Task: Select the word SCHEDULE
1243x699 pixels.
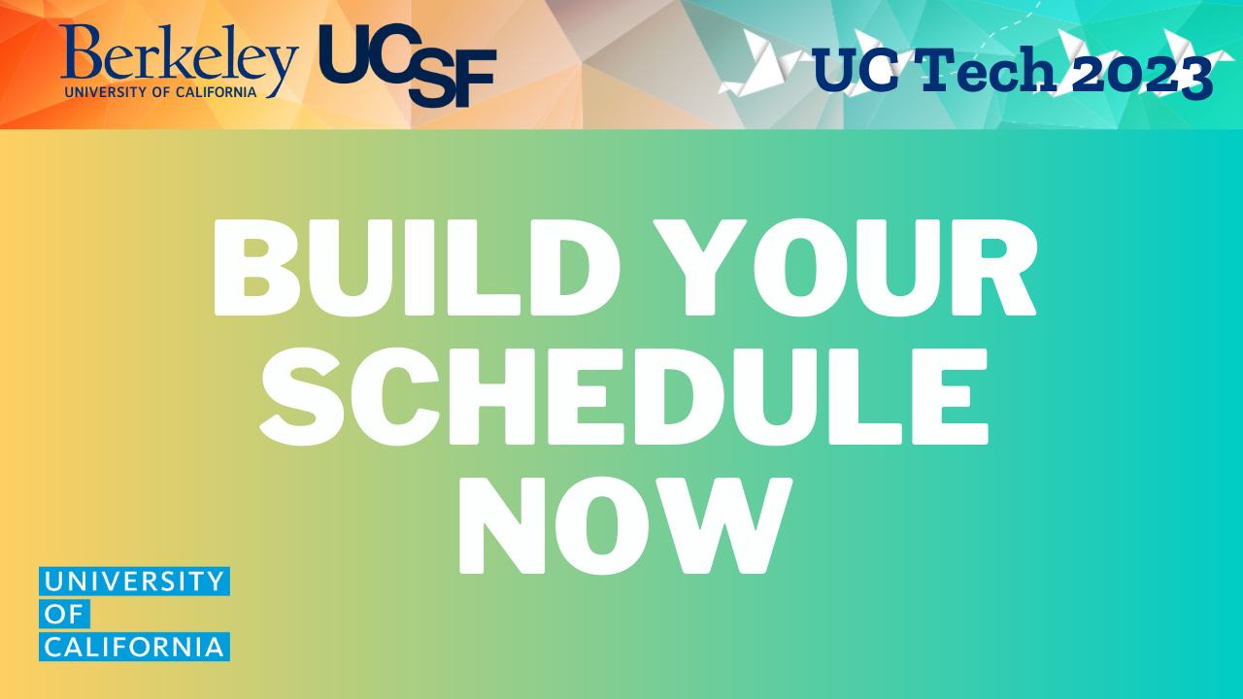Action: [622, 398]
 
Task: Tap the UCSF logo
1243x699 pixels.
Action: [408, 64]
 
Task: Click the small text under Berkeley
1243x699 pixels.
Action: [160, 92]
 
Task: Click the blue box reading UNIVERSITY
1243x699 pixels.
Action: [134, 582]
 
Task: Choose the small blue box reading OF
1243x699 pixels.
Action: [64, 615]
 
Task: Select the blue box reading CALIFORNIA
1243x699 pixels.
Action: [134, 647]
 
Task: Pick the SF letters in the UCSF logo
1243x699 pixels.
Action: [452, 84]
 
